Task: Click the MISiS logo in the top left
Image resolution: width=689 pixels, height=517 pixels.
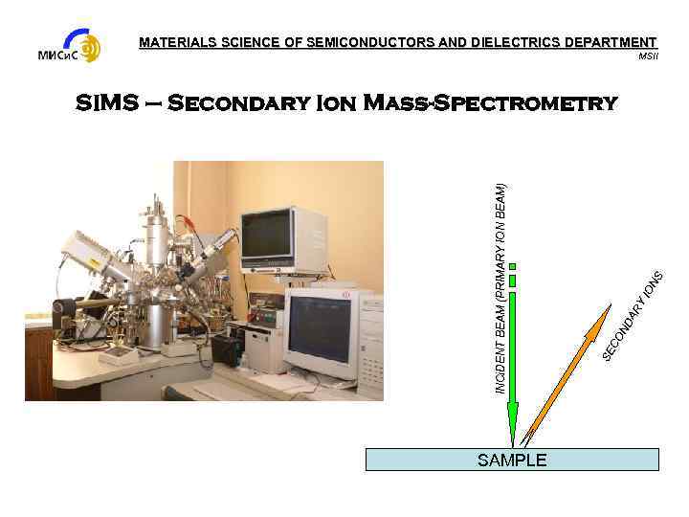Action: coord(69,47)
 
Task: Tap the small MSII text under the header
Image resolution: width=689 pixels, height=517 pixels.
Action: coord(648,56)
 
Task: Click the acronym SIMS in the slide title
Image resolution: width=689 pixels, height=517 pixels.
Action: coord(108,103)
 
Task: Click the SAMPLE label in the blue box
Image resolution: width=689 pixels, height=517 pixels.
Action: coord(512,461)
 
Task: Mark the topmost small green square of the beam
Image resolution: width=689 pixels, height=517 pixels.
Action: coord(513,266)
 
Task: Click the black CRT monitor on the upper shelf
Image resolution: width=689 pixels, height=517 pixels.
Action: coord(269,235)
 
